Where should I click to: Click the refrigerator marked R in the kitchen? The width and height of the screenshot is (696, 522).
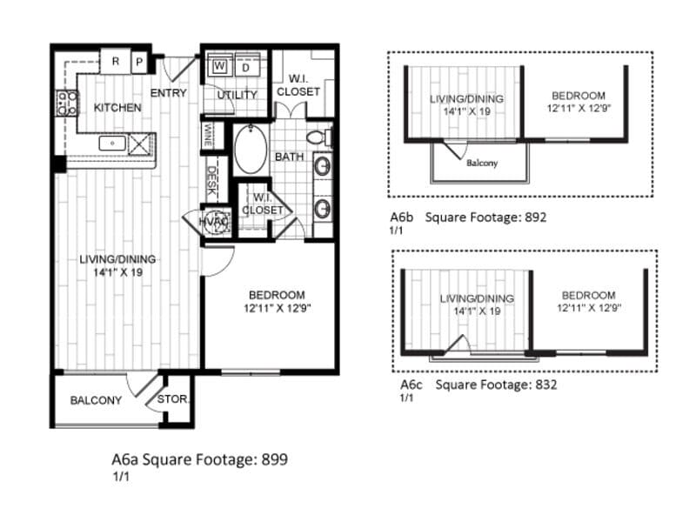click(x=115, y=63)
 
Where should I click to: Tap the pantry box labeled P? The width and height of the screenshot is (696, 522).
click(x=139, y=63)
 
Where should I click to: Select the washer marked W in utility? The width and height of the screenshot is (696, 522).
click(x=220, y=66)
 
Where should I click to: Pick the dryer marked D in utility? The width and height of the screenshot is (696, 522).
click(x=245, y=66)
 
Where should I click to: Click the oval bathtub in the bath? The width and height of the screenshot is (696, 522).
click(x=251, y=151)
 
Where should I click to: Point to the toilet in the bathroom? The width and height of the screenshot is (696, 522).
click(x=321, y=137)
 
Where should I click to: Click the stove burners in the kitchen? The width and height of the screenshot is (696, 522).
click(x=66, y=104)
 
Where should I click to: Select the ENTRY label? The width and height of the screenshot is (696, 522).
click(x=168, y=93)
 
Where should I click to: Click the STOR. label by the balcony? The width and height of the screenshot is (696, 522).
click(x=174, y=400)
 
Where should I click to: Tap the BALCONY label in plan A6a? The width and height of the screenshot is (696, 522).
click(x=96, y=400)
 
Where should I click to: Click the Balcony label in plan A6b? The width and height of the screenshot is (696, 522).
click(x=481, y=163)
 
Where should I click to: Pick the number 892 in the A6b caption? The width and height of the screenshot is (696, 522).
click(x=532, y=217)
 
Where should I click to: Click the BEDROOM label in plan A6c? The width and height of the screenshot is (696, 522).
click(x=588, y=296)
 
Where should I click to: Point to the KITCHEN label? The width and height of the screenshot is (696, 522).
click(x=117, y=108)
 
